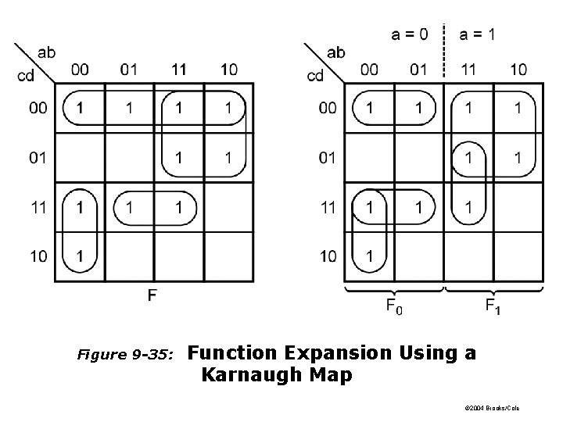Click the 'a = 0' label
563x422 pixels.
click(409, 34)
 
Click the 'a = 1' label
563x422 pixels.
click(477, 34)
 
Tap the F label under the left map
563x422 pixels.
click(151, 296)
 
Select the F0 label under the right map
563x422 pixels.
click(395, 307)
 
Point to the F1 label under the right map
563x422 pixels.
click(493, 307)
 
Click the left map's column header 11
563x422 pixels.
click(179, 70)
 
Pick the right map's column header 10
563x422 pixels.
click(518, 70)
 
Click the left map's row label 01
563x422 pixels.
click(38, 158)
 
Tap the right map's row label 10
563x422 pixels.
click(328, 256)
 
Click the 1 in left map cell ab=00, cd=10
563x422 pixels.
click(79, 256)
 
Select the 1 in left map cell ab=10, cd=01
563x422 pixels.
click(228, 158)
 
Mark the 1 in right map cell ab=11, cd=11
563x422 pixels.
click(468, 207)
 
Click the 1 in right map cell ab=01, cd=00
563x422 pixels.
click(418, 107)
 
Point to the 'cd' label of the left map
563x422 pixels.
click(26, 76)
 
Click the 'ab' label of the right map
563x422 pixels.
click(335, 53)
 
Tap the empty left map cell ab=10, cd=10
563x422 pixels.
click(228, 256)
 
